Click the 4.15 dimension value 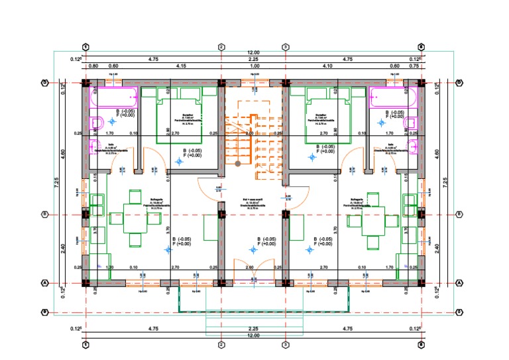pos(180,66)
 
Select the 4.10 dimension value pos(326,66)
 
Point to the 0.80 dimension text pos(93,66)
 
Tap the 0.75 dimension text pos(414,66)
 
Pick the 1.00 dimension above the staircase pos(254,66)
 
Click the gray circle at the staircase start pos(237,162)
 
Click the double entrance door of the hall pos(254,271)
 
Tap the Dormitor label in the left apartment pos(179,115)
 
